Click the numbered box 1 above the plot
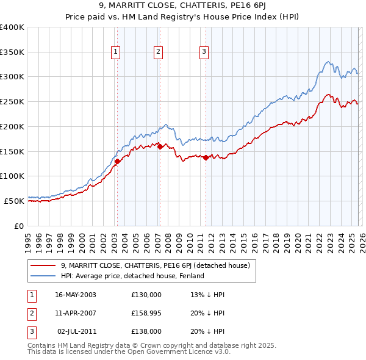116,52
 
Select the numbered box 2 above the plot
158,52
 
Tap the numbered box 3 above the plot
204,52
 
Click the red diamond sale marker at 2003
117,161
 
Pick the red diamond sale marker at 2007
159,146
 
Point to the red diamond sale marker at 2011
206,157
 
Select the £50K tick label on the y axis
15,200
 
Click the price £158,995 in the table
146,313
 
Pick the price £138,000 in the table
146,331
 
